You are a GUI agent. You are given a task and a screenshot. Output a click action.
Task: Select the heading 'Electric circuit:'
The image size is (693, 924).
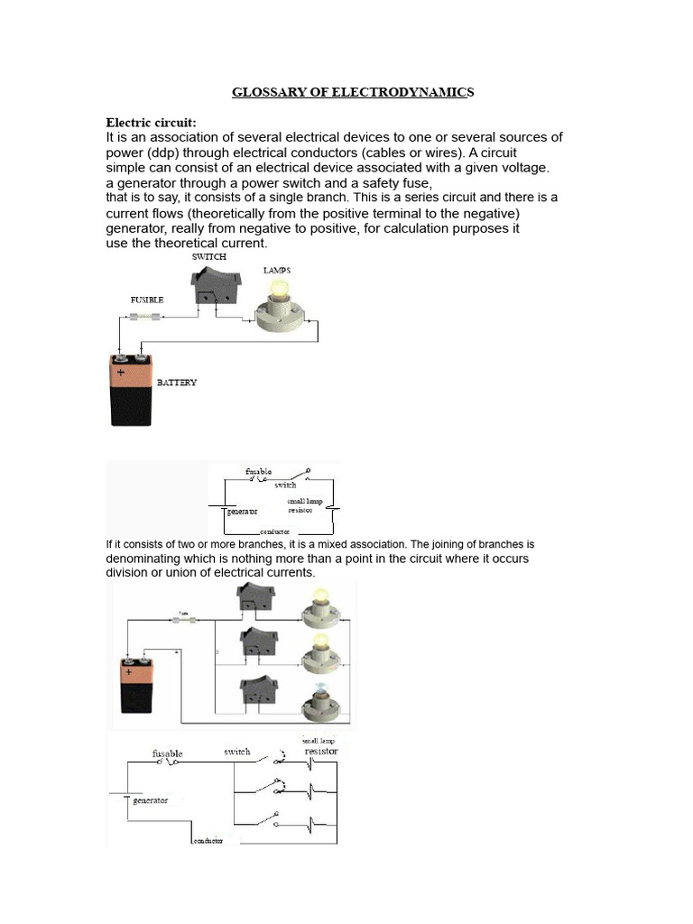151,122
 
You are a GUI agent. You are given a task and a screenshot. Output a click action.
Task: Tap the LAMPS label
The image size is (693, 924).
276,270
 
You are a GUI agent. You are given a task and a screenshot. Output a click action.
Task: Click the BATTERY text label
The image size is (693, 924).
177,383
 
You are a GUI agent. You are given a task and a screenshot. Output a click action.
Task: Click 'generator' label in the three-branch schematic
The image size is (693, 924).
150,799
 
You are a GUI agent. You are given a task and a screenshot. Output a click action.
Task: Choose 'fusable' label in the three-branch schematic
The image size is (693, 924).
168,753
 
